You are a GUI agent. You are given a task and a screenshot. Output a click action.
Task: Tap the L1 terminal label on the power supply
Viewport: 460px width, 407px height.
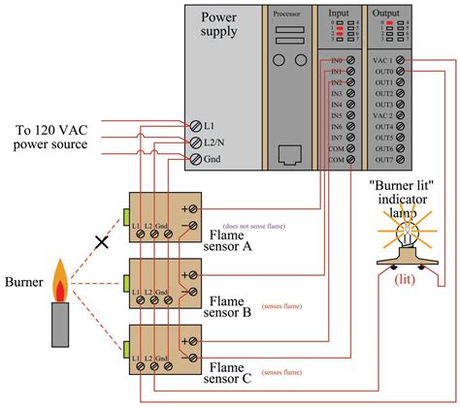[208, 125]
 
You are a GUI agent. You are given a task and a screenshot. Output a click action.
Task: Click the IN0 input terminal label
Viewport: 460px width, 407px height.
[337, 60]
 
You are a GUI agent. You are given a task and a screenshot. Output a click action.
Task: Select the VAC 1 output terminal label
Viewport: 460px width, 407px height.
[382, 60]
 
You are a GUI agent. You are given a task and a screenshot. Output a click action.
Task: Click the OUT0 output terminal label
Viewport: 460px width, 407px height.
[382, 71]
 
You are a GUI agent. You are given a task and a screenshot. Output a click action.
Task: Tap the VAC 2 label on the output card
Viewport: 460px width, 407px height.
[382, 115]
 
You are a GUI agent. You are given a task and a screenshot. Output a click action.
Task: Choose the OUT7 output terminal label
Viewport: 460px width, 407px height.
[382, 160]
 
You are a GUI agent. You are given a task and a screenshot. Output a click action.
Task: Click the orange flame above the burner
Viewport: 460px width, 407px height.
[60, 282]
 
